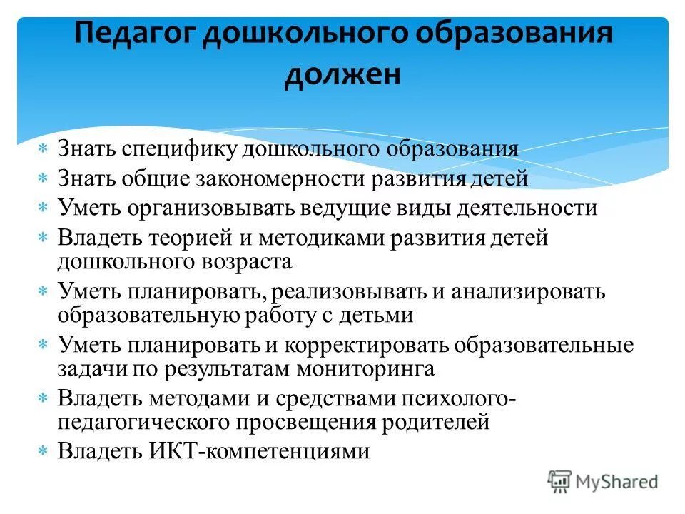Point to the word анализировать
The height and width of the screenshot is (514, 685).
pyautogui.click(x=524, y=292)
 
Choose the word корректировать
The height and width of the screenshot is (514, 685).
pyautogui.click(x=367, y=346)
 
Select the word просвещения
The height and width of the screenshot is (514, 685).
pyautogui.click(x=303, y=423)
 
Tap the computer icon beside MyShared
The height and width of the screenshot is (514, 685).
pyautogui.click(x=559, y=482)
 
